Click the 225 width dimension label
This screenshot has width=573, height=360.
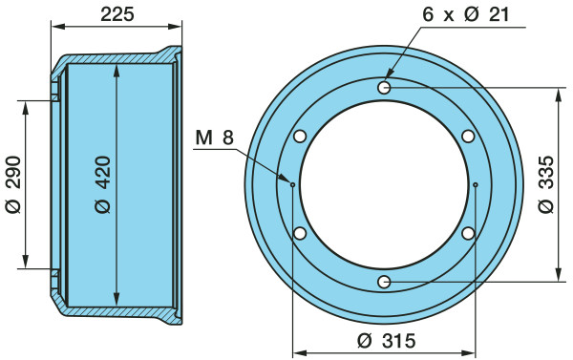[x=117, y=14]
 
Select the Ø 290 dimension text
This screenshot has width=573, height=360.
[x=13, y=184]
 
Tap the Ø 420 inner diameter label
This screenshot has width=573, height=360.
[x=102, y=184]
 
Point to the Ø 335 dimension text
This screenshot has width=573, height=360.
[x=546, y=184]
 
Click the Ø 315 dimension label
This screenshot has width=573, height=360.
[x=387, y=341]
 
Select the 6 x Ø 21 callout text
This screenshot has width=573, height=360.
[x=466, y=14]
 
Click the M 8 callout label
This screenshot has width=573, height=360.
[x=215, y=138]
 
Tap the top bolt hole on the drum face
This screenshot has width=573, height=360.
[x=384, y=87]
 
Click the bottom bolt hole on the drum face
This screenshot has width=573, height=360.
[x=384, y=282]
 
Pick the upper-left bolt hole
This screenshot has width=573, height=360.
[x=300, y=137]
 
